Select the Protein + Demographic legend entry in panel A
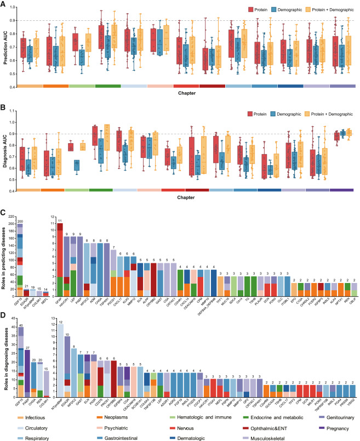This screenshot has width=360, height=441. pyautogui.click(x=334, y=9)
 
